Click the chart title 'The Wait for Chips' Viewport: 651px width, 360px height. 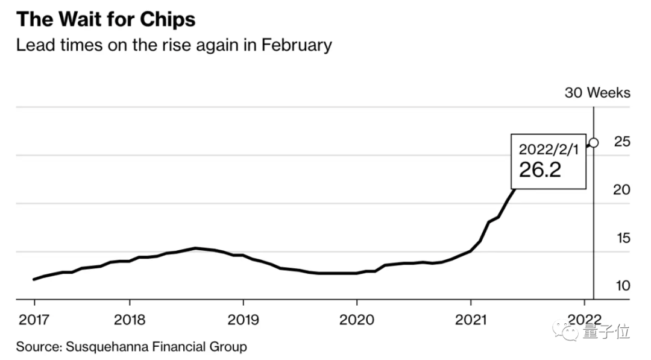coord(106,19)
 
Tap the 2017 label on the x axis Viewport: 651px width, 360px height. coord(33,319)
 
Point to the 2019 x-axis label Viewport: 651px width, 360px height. coord(243,319)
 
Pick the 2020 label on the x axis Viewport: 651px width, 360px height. coord(357,319)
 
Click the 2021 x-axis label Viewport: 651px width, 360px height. coord(470,319)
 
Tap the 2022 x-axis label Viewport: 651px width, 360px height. coord(584,319)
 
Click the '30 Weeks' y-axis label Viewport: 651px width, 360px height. coord(597,93)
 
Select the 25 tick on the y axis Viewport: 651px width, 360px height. coord(622,142)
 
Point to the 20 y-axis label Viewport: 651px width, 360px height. coord(622,190)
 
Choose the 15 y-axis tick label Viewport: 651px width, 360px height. coord(622,238)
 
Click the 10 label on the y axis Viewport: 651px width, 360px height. coord(622,285)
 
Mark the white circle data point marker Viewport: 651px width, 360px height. coord(594,143)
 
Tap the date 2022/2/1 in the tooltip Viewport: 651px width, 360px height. coord(549,150)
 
